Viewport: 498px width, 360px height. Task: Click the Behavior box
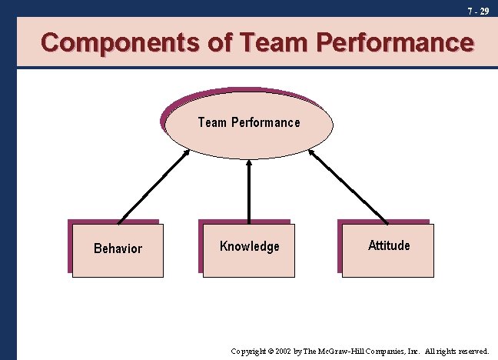118,249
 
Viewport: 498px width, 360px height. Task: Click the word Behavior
118,248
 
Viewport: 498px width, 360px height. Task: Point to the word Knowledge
250,246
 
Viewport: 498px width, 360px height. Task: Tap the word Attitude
389,245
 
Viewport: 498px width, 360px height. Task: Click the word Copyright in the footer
250,351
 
